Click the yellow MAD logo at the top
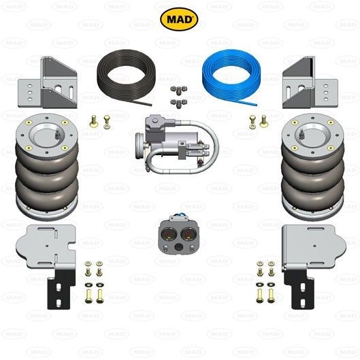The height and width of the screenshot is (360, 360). pyautogui.click(x=179, y=19)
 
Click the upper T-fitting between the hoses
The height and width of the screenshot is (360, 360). pyautogui.click(x=179, y=91)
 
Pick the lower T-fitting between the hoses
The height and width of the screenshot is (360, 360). pyautogui.click(x=179, y=103)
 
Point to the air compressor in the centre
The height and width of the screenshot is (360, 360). pyautogui.click(x=177, y=144)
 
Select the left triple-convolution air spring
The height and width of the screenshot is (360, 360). pyautogui.click(x=47, y=167)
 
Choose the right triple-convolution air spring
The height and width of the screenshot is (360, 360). pyautogui.click(x=313, y=167)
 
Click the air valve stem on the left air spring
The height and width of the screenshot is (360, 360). pyautogui.click(x=56, y=133)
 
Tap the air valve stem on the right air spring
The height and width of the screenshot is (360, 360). pyautogui.click(x=302, y=133)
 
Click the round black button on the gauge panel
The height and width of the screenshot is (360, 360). pyautogui.click(x=178, y=247)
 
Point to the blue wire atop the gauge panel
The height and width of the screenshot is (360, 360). pyautogui.click(x=178, y=215)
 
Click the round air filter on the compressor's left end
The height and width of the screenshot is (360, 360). pyautogui.click(x=140, y=146)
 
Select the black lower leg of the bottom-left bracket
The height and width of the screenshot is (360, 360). pyautogui.click(x=61, y=289)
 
